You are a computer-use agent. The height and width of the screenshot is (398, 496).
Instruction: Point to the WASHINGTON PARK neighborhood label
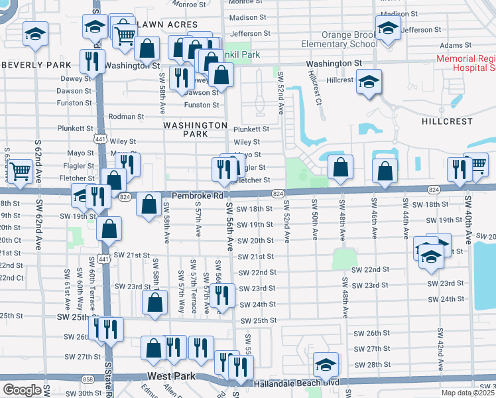coord(196,129)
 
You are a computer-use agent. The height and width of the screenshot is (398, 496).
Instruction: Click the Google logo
coord(22,390)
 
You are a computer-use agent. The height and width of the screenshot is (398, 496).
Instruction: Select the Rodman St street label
coord(127,117)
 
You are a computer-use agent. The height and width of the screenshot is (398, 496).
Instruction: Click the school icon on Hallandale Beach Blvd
coord(326,365)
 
